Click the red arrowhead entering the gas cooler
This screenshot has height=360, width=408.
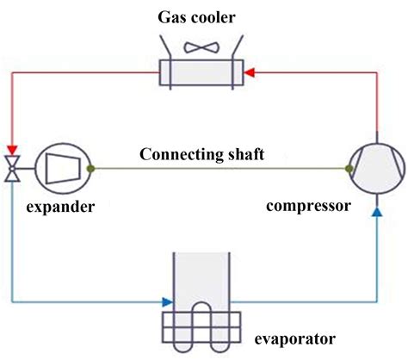click(x=250, y=73)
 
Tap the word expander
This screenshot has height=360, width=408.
click(x=58, y=208)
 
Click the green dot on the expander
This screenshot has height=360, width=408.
click(x=90, y=169)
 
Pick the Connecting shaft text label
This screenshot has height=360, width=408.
click(x=201, y=156)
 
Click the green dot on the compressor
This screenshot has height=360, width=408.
click(x=349, y=169)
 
